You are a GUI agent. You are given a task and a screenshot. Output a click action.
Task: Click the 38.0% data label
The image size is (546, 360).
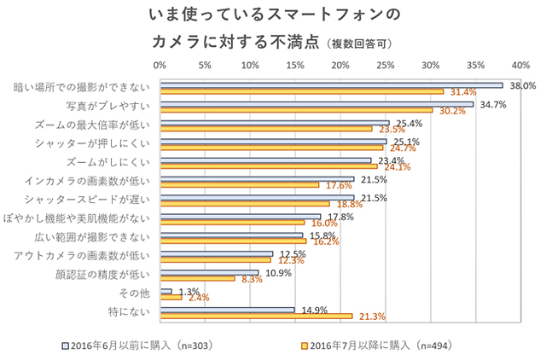click(x=522, y=86)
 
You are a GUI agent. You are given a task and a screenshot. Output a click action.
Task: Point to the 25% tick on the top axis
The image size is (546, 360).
click(x=386, y=64)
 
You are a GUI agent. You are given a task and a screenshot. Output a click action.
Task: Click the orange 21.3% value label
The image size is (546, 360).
click(x=372, y=316)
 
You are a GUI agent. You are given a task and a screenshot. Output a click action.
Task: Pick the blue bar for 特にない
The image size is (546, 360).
click(x=228, y=310)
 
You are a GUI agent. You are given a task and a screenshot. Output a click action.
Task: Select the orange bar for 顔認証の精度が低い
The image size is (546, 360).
click(x=198, y=279)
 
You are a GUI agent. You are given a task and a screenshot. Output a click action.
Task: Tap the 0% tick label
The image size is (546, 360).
click(x=160, y=64)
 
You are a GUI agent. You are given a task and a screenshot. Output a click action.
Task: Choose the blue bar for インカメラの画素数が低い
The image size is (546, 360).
click(x=257, y=178)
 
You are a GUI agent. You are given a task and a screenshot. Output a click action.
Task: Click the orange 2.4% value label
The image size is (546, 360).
click(x=198, y=298)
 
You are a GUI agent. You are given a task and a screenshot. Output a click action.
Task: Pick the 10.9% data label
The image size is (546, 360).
click(x=279, y=273)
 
